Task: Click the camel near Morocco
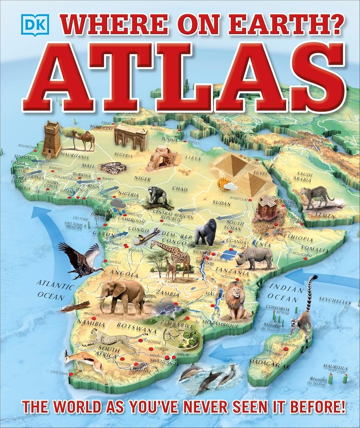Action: click(x=83, y=139)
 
